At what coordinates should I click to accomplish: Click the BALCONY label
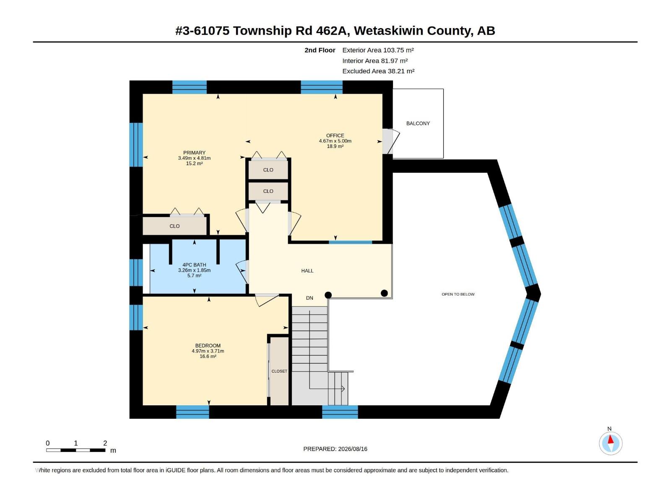click(418, 123)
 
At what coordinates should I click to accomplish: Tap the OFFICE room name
click(335, 135)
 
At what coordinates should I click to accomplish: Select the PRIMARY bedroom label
click(194, 153)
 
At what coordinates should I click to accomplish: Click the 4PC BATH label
click(194, 265)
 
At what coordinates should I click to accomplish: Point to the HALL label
click(307, 271)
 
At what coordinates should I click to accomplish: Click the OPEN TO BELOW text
click(458, 294)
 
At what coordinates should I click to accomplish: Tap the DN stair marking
click(309, 298)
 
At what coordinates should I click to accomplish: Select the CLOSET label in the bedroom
click(279, 371)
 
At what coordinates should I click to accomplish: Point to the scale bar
click(75, 450)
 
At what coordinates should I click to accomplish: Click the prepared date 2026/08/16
click(352, 449)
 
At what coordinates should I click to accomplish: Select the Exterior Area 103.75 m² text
click(378, 50)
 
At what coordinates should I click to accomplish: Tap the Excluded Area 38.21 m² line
click(378, 71)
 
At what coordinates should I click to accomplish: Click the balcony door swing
click(392, 141)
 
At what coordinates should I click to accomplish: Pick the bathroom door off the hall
click(242, 272)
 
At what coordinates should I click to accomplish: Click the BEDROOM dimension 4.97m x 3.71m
click(208, 351)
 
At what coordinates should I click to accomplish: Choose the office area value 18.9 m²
click(335, 146)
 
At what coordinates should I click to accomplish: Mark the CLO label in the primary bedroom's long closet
click(174, 226)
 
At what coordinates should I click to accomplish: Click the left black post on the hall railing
click(328, 295)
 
